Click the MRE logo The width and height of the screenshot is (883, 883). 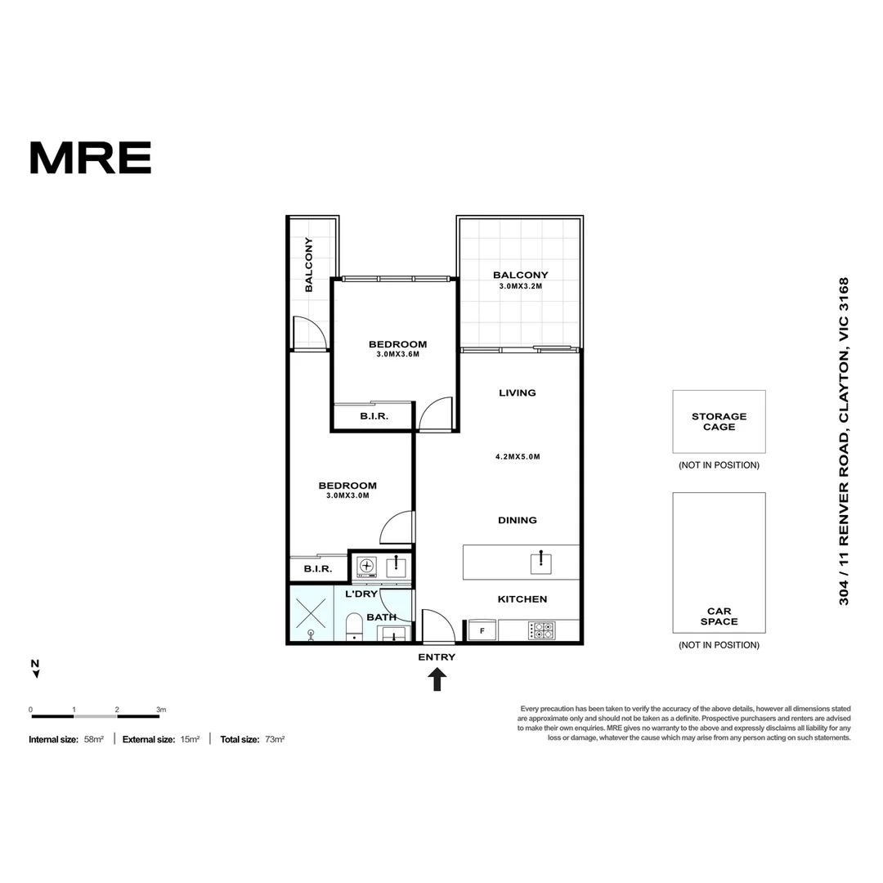coord(90,158)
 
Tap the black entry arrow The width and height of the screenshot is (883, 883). coord(437,679)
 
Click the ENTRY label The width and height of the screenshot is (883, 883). coord(437,657)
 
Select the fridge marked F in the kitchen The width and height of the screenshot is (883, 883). coord(482,630)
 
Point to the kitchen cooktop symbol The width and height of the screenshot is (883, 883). coord(541,630)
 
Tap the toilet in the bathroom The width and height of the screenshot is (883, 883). coord(354,626)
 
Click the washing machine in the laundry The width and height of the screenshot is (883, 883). coord(367,566)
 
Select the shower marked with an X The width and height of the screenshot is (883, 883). coord(311,612)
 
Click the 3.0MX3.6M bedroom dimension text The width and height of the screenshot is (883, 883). coord(397,355)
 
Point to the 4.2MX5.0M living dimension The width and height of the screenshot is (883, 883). coord(518,457)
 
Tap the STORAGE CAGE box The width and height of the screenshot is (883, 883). coord(719,421)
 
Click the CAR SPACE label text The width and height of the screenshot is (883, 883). coord(719,616)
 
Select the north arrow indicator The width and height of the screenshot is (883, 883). coord(35,669)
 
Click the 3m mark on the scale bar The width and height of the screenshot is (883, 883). coord(161,710)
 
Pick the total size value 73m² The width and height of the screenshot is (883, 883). coord(274,739)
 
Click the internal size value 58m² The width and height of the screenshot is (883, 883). coord(93,739)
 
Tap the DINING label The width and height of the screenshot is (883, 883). coord(518,520)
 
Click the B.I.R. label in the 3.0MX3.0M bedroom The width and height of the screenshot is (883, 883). coord(317,569)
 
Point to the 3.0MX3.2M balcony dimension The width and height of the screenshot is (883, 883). coord(520,287)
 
